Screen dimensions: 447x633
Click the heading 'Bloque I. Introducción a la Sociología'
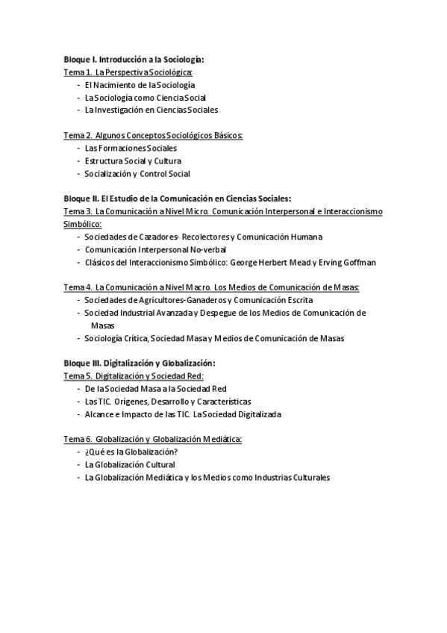pos(134,59)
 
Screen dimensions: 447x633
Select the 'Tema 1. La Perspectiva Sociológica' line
pos(128,72)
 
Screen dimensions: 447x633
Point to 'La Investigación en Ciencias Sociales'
pos(151,110)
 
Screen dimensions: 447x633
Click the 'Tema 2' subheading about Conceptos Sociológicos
pos(154,135)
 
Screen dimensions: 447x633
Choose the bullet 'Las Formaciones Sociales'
pos(131,148)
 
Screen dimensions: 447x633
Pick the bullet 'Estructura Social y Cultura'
pos(133,160)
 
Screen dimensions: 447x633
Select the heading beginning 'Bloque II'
pos(177,199)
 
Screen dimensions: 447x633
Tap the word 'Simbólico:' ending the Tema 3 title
pos(82,224)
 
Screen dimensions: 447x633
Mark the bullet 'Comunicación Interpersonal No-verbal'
pos(155,249)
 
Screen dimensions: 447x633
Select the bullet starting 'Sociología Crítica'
pos(214,338)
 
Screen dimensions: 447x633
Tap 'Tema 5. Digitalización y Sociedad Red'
pos(134,376)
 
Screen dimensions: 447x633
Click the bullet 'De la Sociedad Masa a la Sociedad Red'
pos(155,389)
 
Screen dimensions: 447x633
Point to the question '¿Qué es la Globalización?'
pos(131,452)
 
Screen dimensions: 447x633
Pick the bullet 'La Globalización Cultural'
pos(130,464)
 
